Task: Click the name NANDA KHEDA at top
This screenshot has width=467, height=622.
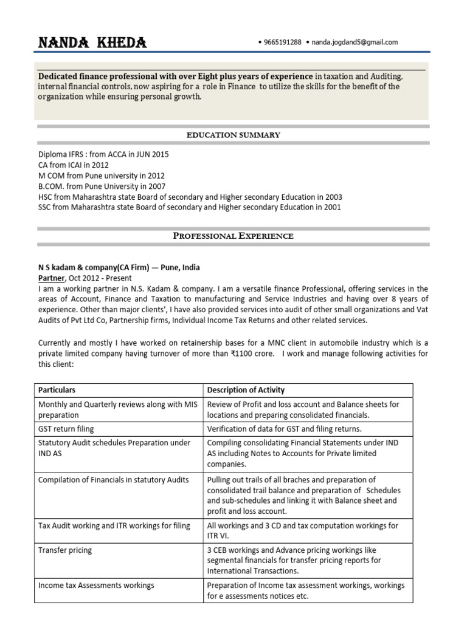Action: coord(92,43)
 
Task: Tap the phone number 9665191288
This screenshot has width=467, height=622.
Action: coord(283,43)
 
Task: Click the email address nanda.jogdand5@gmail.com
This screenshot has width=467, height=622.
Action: coord(355,43)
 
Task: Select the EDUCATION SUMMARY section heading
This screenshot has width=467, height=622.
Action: coord(233,135)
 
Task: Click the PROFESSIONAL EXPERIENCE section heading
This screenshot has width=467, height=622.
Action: coord(233,236)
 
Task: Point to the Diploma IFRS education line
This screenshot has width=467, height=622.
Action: coord(103,154)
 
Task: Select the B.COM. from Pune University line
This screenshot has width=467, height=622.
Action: coord(102,186)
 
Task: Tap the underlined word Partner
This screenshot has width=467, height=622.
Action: coord(52,278)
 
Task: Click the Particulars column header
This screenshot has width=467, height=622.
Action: coord(57,390)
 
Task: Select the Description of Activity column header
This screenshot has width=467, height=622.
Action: coord(246,390)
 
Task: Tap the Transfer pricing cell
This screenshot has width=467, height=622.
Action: coord(65,550)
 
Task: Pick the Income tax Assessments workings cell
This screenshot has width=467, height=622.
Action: coord(96,586)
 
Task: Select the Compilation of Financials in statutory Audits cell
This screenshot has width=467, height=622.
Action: coord(114,480)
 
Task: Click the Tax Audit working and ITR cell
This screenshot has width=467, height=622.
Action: coord(114,525)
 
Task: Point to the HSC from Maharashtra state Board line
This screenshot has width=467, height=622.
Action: coord(190,197)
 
